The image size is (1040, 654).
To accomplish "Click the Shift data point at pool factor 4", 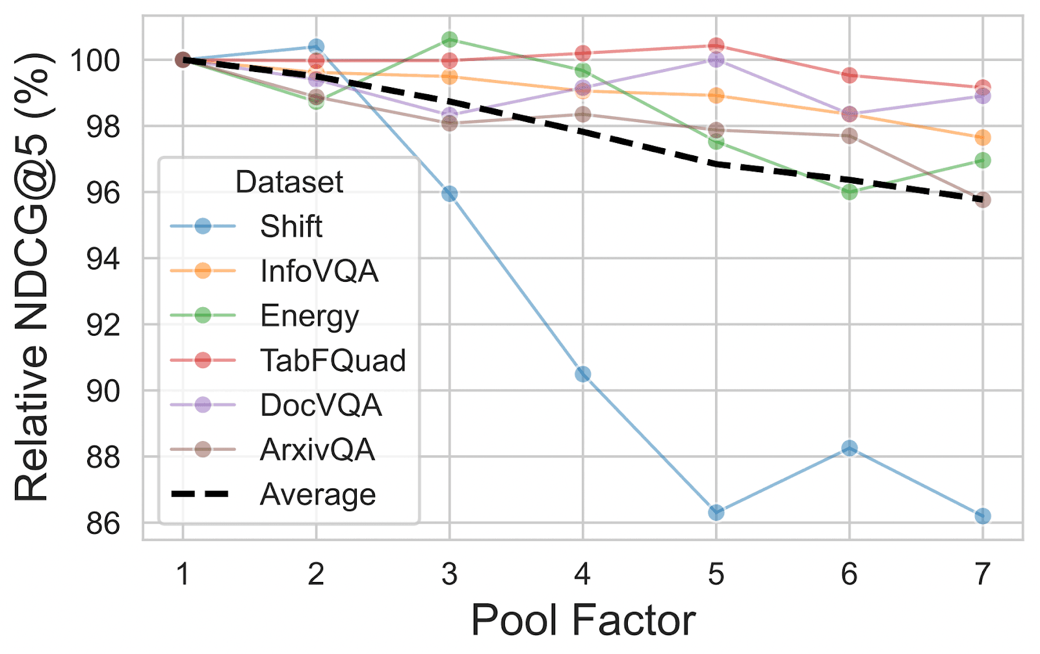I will pos(582,374).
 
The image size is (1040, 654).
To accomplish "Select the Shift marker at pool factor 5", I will pos(716,512).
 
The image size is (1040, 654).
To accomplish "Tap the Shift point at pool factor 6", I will pos(849,448).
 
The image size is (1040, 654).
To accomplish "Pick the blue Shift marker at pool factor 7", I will pos(982,516).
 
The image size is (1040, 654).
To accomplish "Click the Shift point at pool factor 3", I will pos(449,194).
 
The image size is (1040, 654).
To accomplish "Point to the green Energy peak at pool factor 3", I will pos(449,40).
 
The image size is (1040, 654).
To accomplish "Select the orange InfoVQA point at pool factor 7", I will pos(982,138).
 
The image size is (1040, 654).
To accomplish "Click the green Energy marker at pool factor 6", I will pos(849,192).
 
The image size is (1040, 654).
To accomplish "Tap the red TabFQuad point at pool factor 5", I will pos(716,45).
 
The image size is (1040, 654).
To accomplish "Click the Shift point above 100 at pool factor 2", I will pos(316,47).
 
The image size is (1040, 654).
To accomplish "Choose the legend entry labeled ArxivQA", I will pos(317,449).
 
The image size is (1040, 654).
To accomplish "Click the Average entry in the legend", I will pos(317,494).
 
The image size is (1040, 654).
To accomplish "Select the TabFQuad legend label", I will pos(333,360).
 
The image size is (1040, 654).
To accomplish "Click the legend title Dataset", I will pos(289,182).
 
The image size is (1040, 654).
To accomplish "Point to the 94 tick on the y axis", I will pos(103,259).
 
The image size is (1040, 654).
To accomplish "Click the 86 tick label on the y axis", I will pos(103,523).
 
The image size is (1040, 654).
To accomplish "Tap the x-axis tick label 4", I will pos(582,574).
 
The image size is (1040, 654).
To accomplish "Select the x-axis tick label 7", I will pos(982,574).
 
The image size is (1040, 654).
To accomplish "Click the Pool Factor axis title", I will pos(582,620).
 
